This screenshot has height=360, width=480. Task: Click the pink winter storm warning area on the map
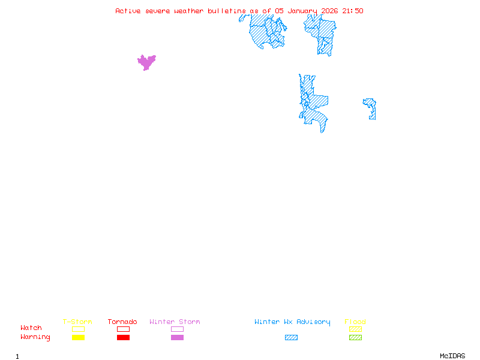point(146,61)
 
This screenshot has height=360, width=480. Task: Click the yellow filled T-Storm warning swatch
point(78,337)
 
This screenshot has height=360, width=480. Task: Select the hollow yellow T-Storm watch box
point(78,329)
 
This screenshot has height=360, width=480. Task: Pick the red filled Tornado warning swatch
point(123,337)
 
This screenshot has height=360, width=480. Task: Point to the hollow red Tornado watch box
point(123,329)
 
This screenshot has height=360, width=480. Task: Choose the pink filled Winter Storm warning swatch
point(177,337)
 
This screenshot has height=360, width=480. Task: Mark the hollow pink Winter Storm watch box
point(177,329)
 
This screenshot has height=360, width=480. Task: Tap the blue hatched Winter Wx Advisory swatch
point(291,337)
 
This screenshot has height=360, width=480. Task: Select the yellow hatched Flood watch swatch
point(355,329)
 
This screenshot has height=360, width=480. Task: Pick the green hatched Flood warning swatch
point(355,337)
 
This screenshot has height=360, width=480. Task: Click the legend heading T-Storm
point(77,322)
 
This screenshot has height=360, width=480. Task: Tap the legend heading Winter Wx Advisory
point(292,322)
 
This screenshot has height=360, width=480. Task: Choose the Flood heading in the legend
point(355,322)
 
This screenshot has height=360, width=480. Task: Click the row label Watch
point(31,328)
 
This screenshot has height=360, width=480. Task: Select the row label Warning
point(35,337)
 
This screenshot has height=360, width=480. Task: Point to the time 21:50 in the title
point(352,11)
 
